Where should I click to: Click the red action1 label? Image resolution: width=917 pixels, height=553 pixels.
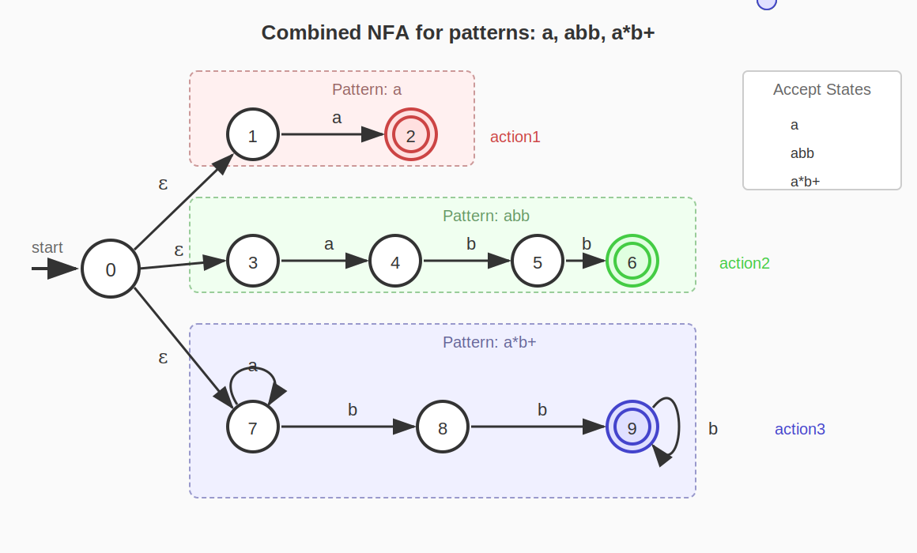click(515, 137)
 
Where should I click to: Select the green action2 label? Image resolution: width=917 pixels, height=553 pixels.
click(745, 263)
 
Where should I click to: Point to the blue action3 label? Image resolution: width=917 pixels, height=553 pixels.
click(800, 429)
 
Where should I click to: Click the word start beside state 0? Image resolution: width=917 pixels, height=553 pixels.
click(47, 247)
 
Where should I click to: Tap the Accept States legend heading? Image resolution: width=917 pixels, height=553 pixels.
click(822, 89)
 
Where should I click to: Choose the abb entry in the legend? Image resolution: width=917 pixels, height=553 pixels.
click(802, 153)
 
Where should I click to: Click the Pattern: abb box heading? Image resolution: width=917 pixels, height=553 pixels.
click(486, 216)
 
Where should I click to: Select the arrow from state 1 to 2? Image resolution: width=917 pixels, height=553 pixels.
click(332, 134)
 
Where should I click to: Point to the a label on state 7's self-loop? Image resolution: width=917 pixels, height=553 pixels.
click(253, 366)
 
